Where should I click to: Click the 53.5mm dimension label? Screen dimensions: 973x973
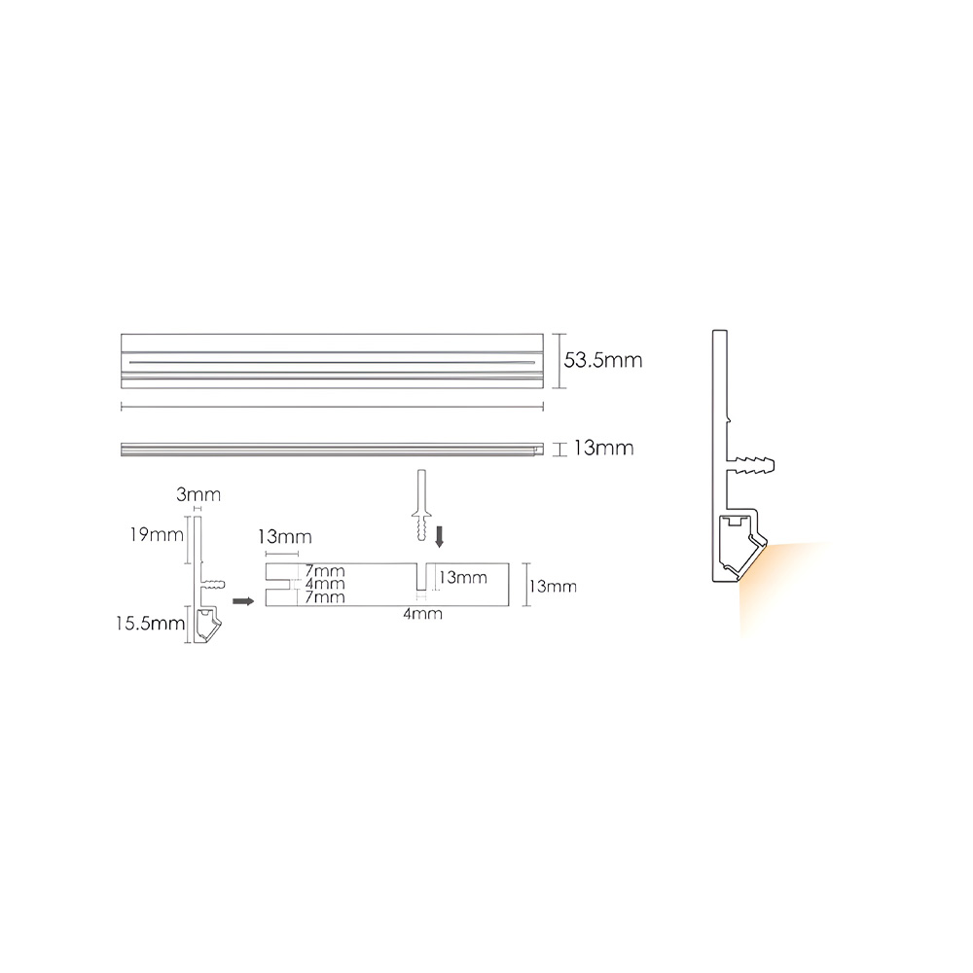coord(602,361)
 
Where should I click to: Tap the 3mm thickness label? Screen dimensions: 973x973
coord(198,494)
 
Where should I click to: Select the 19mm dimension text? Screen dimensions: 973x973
coord(157,534)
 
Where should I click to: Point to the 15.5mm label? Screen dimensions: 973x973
coord(150,623)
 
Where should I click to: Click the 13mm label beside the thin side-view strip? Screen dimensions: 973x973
coord(603,448)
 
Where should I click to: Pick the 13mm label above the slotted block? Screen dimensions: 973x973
coord(285,537)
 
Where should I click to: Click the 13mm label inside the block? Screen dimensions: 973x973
coord(463,578)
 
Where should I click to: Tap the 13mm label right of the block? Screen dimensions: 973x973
coord(553,587)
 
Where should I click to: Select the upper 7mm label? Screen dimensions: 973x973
coord(325,571)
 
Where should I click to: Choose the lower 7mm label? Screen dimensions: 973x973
coord(325,597)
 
